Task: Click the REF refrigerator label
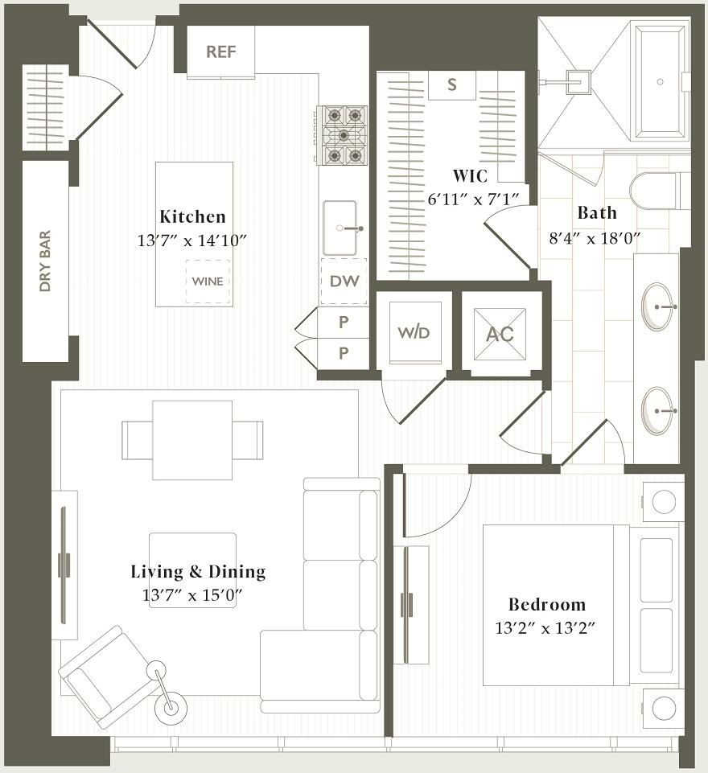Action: [x=221, y=51]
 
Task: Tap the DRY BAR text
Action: [x=45, y=261]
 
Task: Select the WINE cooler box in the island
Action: [x=208, y=282]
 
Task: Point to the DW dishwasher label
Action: [x=344, y=282]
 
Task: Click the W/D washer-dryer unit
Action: [x=414, y=332]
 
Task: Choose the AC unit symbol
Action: [x=500, y=335]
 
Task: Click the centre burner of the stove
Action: [x=344, y=135]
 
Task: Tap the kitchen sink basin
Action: [x=340, y=228]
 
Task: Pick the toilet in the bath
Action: [x=655, y=191]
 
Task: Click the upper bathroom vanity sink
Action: [x=657, y=306]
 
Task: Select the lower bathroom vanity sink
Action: [x=657, y=411]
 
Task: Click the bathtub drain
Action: [x=661, y=82]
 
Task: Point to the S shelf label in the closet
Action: [x=452, y=85]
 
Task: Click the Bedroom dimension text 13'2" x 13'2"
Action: [x=545, y=628]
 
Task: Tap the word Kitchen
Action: [x=193, y=216]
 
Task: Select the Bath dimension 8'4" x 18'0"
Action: [x=595, y=239]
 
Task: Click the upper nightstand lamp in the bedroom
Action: [x=664, y=502]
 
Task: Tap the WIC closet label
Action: [x=471, y=176]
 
